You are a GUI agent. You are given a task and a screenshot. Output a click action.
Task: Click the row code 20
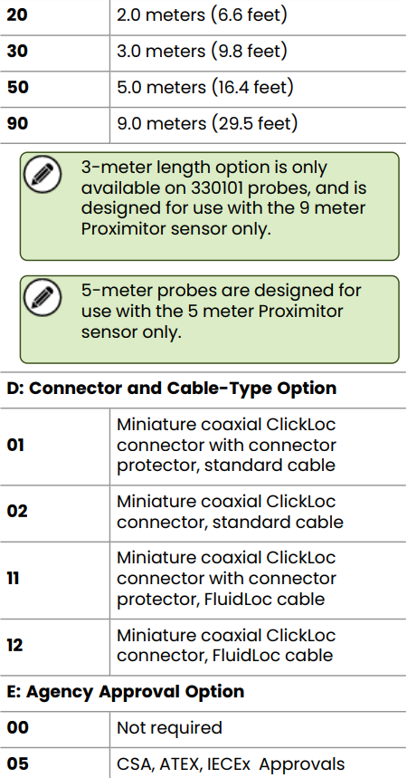pyautogui.click(x=17, y=14)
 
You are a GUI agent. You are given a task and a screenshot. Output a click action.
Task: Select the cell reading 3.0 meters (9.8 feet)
pyautogui.click(x=202, y=51)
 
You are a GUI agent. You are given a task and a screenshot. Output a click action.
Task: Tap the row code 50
pyautogui.click(x=18, y=87)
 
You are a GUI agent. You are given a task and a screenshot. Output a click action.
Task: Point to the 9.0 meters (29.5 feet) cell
pyautogui.click(x=207, y=123)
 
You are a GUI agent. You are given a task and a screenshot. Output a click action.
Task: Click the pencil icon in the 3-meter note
pyautogui.click(x=43, y=175)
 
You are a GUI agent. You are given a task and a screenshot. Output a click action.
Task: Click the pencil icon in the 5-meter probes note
pyautogui.click(x=43, y=298)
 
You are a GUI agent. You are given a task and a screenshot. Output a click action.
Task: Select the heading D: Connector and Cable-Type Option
pyautogui.click(x=172, y=388)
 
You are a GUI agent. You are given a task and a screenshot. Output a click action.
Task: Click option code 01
pyautogui.click(x=16, y=445)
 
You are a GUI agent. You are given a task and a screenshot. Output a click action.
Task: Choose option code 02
pyautogui.click(x=17, y=511)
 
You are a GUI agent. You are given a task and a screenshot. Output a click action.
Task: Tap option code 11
pyautogui.click(x=13, y=579)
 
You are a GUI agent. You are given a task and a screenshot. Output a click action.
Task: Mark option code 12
pyautogui.click(x=14, y=645)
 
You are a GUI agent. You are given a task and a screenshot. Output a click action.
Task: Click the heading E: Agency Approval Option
pyautogui.click(x=126, y=692)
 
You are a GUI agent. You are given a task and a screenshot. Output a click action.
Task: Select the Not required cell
pyautogui.click(x=169, y=728)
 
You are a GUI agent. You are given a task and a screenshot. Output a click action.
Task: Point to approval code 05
pyautogui.click(x=18, y=764)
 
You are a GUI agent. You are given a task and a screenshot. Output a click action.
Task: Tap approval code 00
pyautogui.click(x=18, y=728)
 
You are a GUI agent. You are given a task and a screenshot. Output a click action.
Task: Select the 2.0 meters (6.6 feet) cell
pyautogui.click(x=202, y=14)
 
